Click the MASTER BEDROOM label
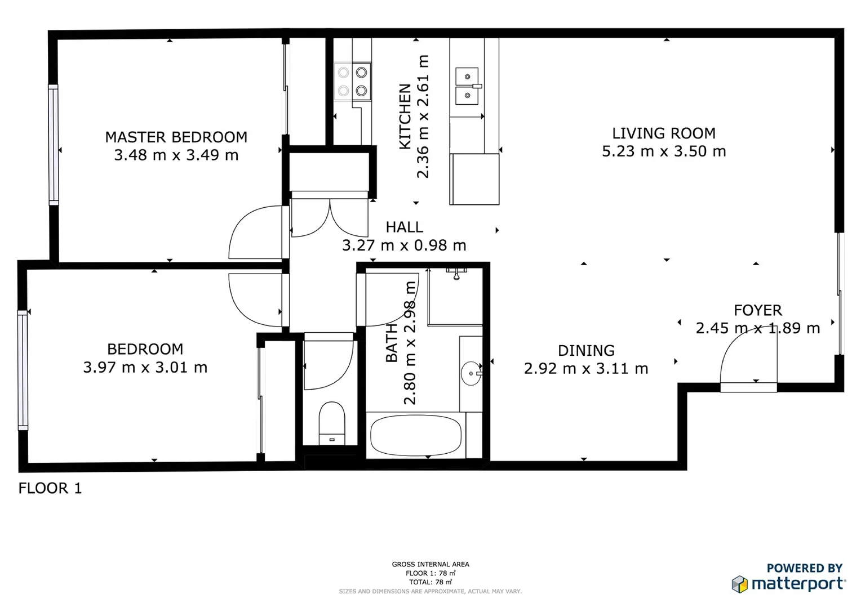tap(176, 137)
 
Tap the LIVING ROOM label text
tap(663, 133)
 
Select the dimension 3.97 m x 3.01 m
tap(145, 368)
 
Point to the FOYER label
tap(757, 310)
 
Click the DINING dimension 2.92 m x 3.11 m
tap(586, 369)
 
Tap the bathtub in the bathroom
tap(416, 435)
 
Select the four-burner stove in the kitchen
tap(353, 82)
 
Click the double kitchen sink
tap(468, 86)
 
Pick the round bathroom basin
tap(471, 373)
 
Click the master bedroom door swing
tap(255, 233)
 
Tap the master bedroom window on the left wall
tap(54, 144)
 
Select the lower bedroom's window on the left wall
tap(23, 370)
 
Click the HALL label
tap(404, 227)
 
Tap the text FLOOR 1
tap(50, 488)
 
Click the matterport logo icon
tap(739, 584)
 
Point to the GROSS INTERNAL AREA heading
tap(430, 564)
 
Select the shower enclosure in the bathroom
tap(455, 297)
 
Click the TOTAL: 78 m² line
tap(430, 582)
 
